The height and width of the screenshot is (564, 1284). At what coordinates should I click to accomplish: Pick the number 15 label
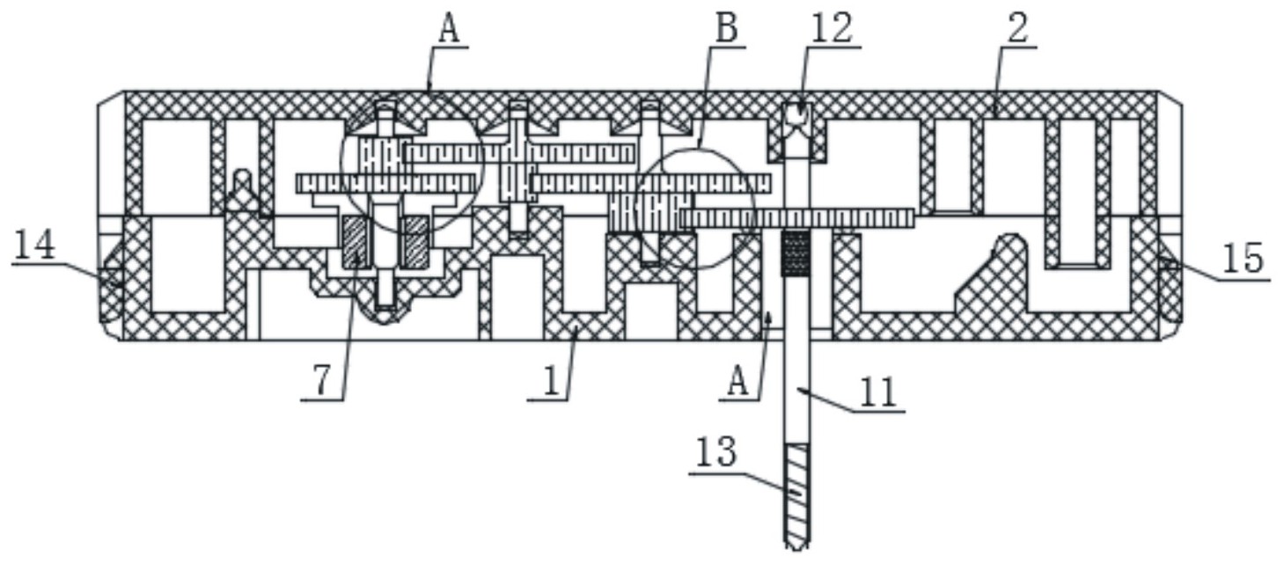pyautogui.click(x=1243, y=260)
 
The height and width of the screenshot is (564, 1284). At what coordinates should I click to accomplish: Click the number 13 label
pyautogui.click(x=716, y=454)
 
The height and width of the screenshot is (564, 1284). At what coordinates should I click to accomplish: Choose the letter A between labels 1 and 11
pyautogui.click(x=740, y=384)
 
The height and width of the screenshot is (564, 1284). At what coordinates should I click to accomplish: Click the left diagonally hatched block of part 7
pyautogui.click(x=356, y=242)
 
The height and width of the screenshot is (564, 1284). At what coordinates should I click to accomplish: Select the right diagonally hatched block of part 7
pyautogui.click(x=414, y=242)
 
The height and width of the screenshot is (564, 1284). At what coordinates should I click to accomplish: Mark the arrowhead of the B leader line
pyautogui.click(x=697, y=145)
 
